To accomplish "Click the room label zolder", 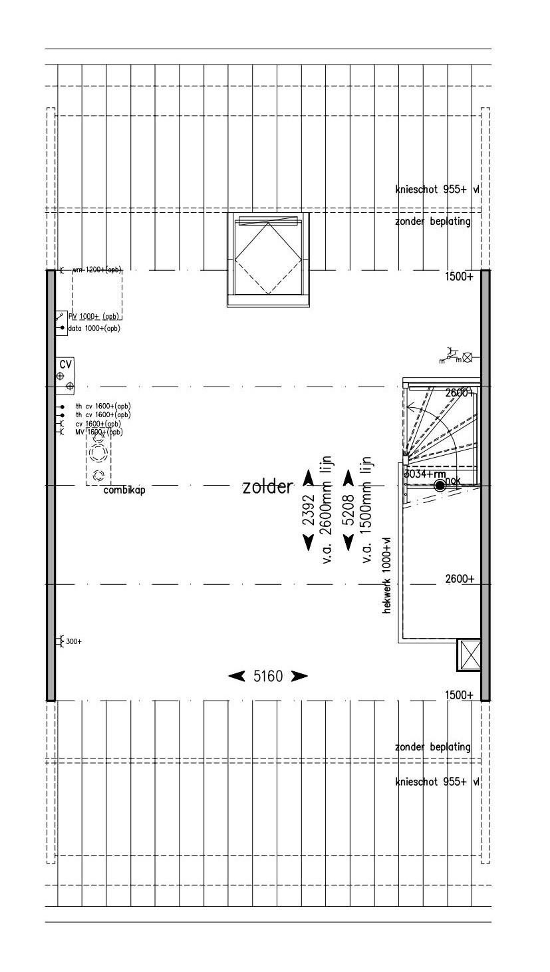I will [x=267, y=487].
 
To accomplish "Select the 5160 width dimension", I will [x=268, y=677].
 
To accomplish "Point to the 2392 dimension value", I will [x=309, y=511].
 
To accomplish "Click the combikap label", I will [x=124, y=490].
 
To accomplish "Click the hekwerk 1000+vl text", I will [x=387, y=574].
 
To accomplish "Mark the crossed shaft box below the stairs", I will [x=470, y=654].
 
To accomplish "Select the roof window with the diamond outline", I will [x=269, y=258].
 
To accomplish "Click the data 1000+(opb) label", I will [x=94, y=329].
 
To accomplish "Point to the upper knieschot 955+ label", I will [x=437, y=190].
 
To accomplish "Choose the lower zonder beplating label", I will [x=432, y=747].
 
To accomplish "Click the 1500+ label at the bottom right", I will [x=459, y=695].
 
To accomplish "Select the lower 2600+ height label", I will [x=460, y=579].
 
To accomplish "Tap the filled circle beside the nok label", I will [x=440, y=486].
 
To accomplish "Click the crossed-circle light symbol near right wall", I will [x=468, y=357].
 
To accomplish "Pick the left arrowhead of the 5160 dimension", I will [x=236, y=677].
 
